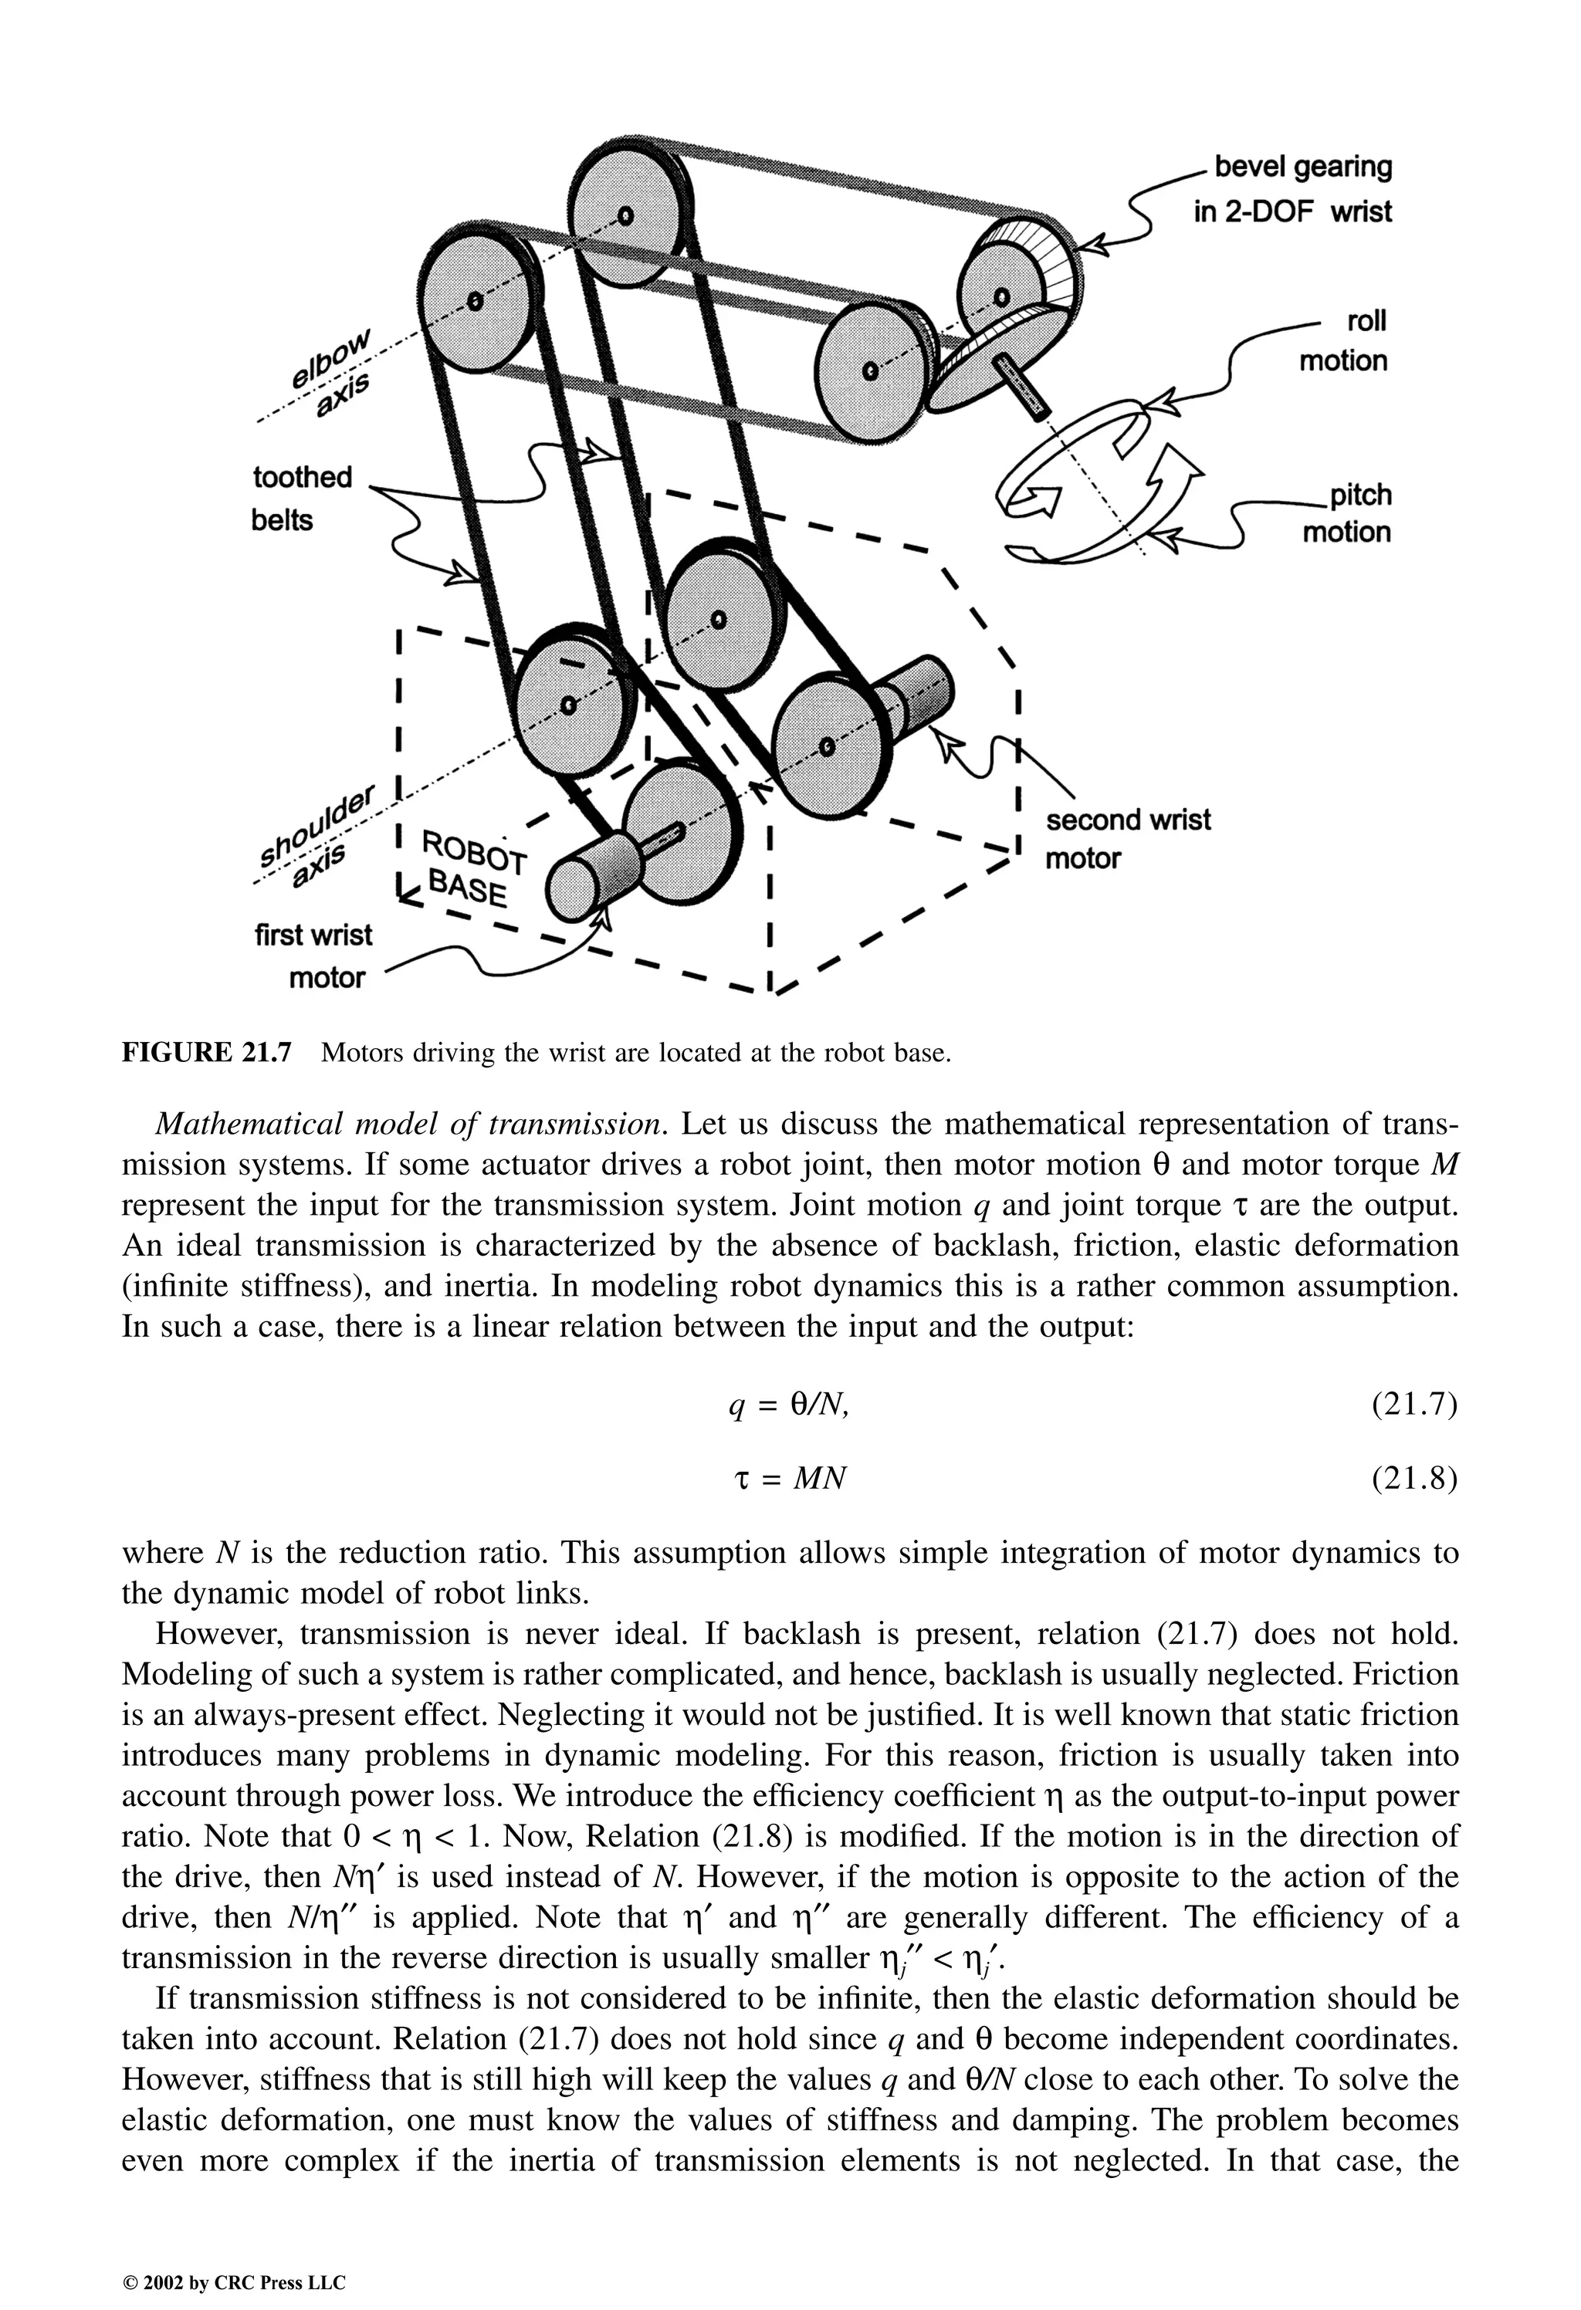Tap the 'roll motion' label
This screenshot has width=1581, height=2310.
[1342, 341]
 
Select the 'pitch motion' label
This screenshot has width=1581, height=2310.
[1346, 514]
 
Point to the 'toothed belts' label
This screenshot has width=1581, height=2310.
[301, 498]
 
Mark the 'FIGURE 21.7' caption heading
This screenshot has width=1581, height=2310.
[207, 1053]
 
